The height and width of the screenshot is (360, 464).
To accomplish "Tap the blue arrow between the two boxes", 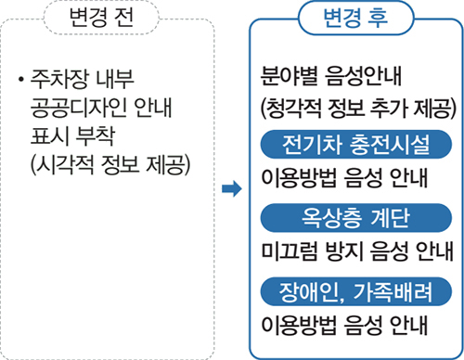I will tap(230, 190).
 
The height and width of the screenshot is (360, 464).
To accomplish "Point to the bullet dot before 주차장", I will tap(19, 76).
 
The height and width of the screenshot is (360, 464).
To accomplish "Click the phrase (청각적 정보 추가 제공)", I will tap(354, 105).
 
